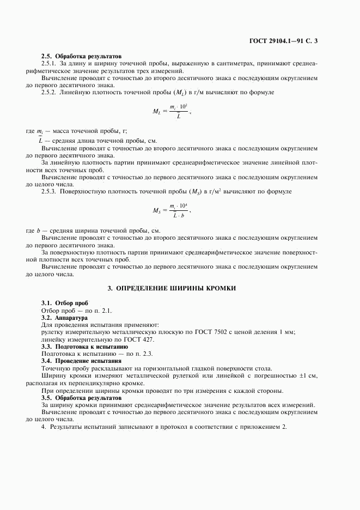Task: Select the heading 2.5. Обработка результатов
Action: [82, 57]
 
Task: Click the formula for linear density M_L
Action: [173, 111]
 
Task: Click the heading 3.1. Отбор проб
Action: [65, 302]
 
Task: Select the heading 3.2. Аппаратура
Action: [65, 317]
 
